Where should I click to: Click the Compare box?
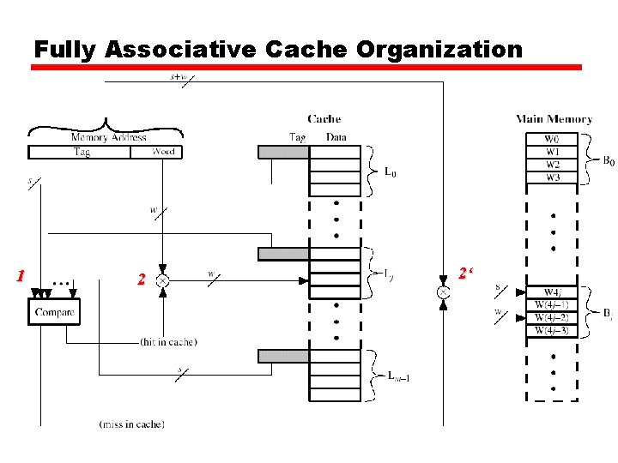tap(54, 312)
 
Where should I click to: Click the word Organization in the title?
tap(439, 50)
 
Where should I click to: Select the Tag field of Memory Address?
tap(82, 152)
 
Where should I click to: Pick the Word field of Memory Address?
tap(162, 152)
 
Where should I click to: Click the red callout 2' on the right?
tap(467, 274)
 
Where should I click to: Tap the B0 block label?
tap(607, 160)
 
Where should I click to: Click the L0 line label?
tap(389, 173)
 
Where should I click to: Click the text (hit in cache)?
tap(168, 342)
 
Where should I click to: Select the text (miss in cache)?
tap(131, 424)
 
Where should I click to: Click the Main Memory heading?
tap(554, 119)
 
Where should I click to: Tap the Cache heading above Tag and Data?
tap(324, 119)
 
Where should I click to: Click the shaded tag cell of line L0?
tap(283, 152)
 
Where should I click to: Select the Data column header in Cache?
tap(336, 136)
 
